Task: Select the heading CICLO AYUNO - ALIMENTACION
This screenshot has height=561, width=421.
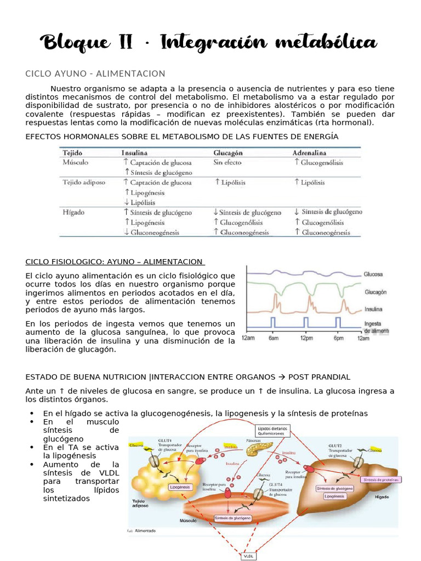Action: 95,73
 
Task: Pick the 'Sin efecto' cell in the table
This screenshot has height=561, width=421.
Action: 227,163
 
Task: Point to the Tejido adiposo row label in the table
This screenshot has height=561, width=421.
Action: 84,182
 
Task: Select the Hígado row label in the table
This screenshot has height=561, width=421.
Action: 73,211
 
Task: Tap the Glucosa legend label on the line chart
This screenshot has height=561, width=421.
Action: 373,273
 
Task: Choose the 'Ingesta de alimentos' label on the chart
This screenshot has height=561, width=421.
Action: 376,327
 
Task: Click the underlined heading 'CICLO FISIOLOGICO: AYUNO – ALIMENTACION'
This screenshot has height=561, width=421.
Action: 115,262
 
